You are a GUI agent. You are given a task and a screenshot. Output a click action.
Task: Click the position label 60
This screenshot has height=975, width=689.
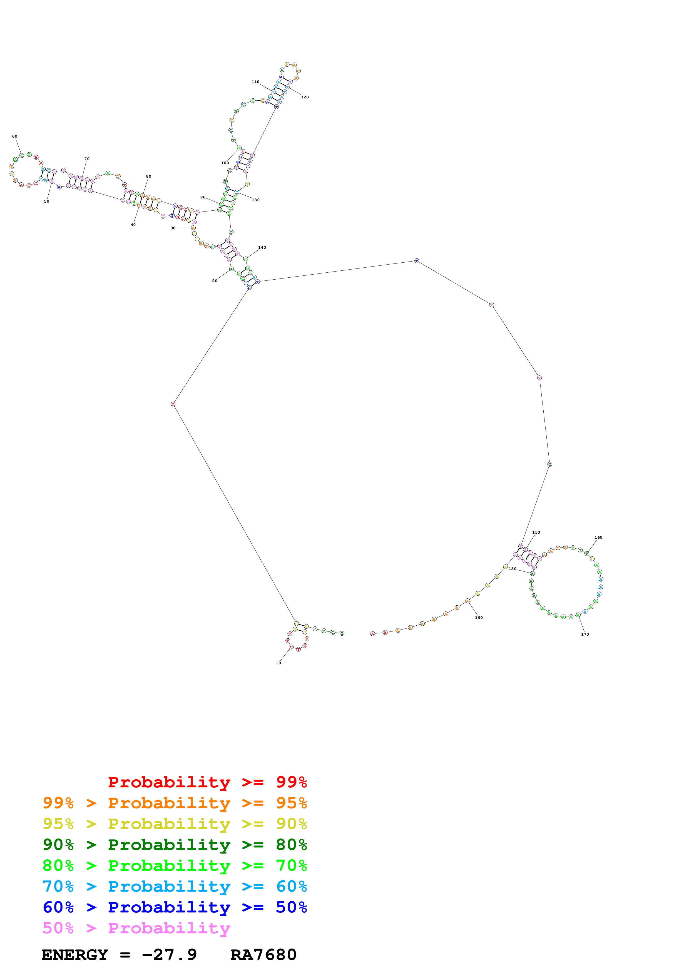[x=15, y=136]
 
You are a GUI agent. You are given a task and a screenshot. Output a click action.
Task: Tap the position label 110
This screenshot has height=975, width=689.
[x=255, y=82]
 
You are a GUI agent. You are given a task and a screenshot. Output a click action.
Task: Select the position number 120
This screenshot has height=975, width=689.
[x=305, y=97]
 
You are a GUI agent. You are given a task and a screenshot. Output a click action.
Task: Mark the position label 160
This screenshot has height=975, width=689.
[x=598, y=538]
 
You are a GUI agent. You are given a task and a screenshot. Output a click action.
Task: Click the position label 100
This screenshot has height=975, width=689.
[x=225, y=163]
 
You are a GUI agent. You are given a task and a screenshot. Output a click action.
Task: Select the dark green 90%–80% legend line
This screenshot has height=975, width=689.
[x=175, y=845]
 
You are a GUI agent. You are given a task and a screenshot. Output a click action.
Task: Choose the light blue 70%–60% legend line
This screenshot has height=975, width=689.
[x=175, y=886]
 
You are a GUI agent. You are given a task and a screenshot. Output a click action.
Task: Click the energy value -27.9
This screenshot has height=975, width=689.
[x=169, y=955]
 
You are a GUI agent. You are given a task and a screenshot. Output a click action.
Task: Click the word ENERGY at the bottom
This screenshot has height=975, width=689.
[x=75, y=955]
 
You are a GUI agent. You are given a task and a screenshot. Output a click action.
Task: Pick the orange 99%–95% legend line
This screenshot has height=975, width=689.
[x=175, y=803]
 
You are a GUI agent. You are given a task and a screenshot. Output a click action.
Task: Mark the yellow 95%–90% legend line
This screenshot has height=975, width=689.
[x=175, y=824]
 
